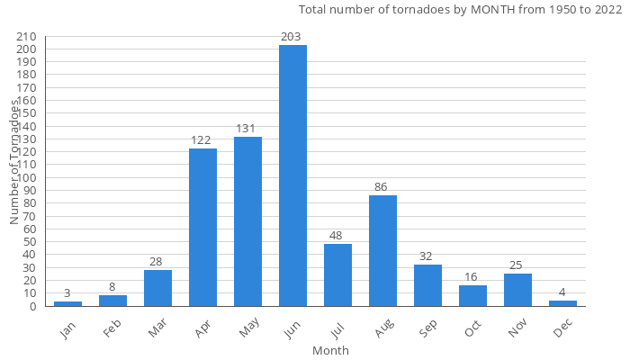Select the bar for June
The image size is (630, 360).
click(292, 175)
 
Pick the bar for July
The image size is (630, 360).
click(337, 274)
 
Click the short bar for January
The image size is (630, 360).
click(67, 303)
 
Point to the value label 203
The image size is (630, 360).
click(292, 37)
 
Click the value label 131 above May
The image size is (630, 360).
click(247, 129)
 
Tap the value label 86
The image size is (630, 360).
click(382, 187)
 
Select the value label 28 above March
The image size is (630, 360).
click(157, 262)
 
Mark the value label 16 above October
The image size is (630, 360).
click(472, 277)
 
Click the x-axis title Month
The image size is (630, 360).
click(330, 350)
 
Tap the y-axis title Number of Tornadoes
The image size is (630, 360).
click(15, 162)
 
